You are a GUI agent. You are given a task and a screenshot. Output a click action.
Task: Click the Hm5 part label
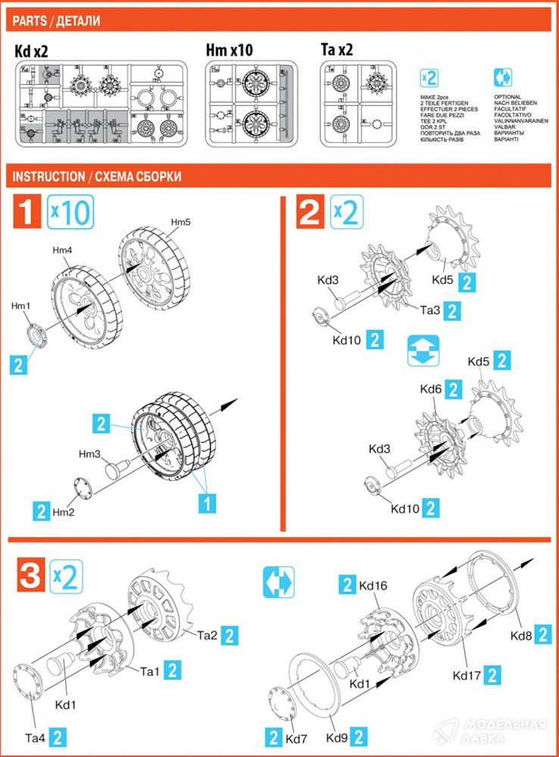coord(180,222)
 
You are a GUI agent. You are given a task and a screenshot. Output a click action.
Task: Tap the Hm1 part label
coord(20,305)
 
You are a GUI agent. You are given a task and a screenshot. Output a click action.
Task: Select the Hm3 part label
coord(90,454)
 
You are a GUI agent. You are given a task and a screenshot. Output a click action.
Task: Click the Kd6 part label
coord(431,389)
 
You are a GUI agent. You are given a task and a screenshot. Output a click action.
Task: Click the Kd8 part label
coord(520,637)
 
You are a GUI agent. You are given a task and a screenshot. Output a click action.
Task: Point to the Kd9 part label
coord(338,737)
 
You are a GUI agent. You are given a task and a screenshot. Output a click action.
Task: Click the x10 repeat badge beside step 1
coord(70,213)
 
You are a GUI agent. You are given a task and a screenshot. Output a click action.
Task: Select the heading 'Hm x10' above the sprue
coord(229,51)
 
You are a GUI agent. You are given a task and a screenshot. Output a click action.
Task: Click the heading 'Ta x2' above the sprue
coord(337,51)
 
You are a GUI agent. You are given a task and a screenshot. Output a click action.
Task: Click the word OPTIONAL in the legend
coord(507,98)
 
